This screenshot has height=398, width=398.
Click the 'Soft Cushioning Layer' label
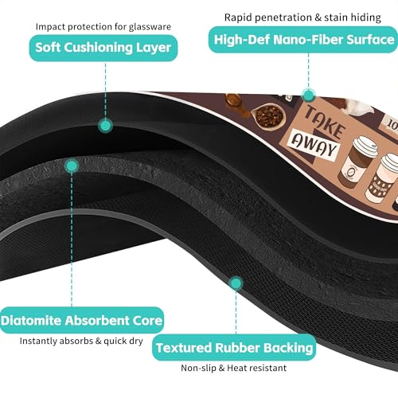[103, 48]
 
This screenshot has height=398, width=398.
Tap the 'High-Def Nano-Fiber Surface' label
[303, 40]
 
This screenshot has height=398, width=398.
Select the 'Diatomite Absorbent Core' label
[82, 320]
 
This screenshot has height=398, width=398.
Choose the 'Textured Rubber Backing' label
[234, 348]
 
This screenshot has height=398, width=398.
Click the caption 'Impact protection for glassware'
[103, 27]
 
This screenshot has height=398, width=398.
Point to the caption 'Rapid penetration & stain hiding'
[302, 18]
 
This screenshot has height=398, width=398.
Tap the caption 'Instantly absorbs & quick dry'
[81, 341]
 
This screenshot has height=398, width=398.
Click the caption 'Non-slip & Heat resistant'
[233, 368]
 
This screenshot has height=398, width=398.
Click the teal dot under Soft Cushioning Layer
[105, 126]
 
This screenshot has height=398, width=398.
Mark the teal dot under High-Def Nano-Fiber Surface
[308, 95]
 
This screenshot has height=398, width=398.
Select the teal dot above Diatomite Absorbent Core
[72, 166]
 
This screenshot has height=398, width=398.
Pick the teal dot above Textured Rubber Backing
[236, 283]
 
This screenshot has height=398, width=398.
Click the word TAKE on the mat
[325, 122]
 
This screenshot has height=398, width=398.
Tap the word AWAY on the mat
[314, 143]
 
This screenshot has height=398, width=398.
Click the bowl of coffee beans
[268, 116]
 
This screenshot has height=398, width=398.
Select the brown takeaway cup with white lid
[357, 162]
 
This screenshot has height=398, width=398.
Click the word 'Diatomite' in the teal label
[31, 321]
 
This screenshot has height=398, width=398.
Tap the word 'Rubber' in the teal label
[237, 348]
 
